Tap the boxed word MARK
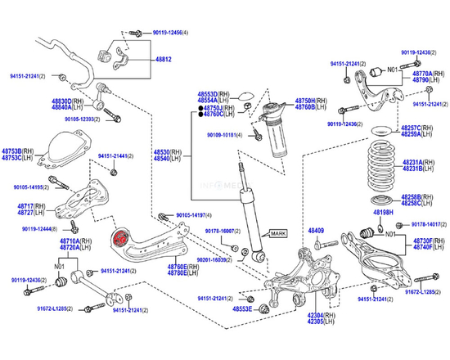pos(279,233)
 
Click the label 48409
pos(316,232)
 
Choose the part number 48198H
pos(385,213)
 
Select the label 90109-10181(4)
pos(224,134)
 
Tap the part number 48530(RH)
pos(169,152)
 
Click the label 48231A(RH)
pos(417,162)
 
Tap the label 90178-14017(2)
pos(426,223)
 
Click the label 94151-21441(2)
pos(114,155)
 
